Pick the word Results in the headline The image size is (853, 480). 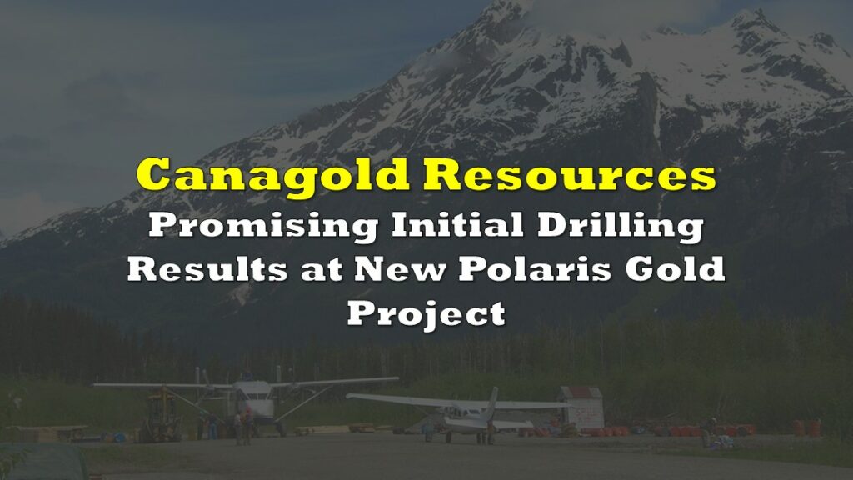[207, 268]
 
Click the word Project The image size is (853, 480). [426, 314]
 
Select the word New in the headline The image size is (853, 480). [399, 269]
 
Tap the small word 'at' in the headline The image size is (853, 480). [321, 270]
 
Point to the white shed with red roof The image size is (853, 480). [581, 408]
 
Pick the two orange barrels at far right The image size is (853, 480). [806, 428]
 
